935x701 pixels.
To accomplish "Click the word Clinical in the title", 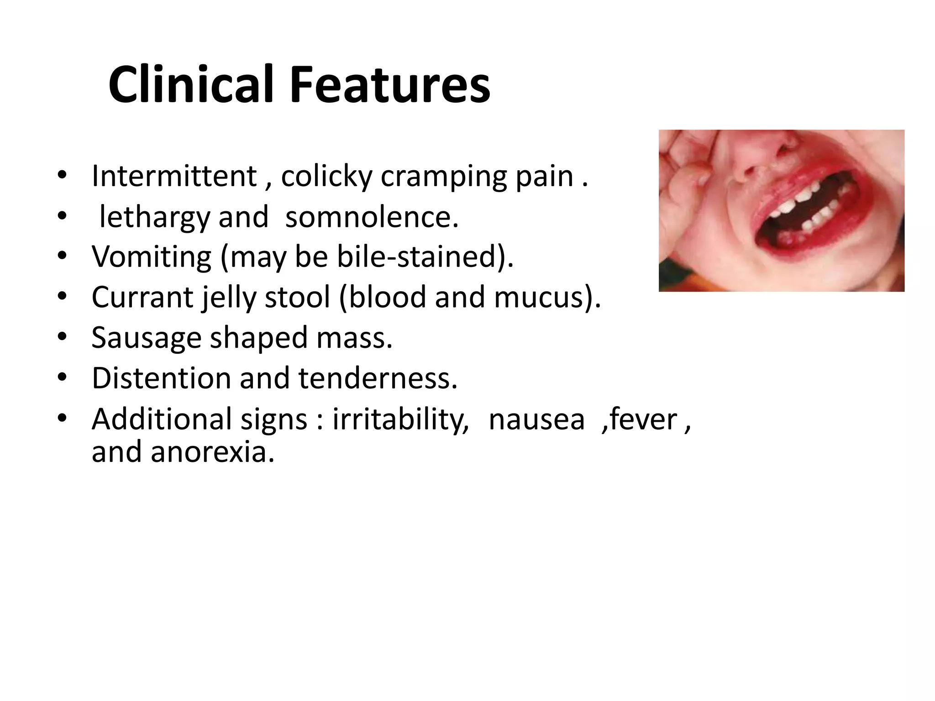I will pyautogui.click(x=191, y=85).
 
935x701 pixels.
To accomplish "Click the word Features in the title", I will pyautogui.click(x=390, y=85).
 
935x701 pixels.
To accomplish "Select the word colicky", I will pyautogui.click(x=326, y=177).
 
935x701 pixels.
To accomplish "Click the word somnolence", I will pyautogui.click(x=371, y=217).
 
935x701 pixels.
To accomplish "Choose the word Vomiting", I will pyautogui.click(x=151, y=257).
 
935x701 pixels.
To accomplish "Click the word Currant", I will pyautogui.click(x=142, y=298).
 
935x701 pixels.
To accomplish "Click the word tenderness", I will pyautogui.click(x=378, y=378).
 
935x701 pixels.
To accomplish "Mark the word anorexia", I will pyautogui.click(x=213, y=452).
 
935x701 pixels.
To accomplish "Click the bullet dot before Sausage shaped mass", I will pyautogui.click(x=63, y=337).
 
